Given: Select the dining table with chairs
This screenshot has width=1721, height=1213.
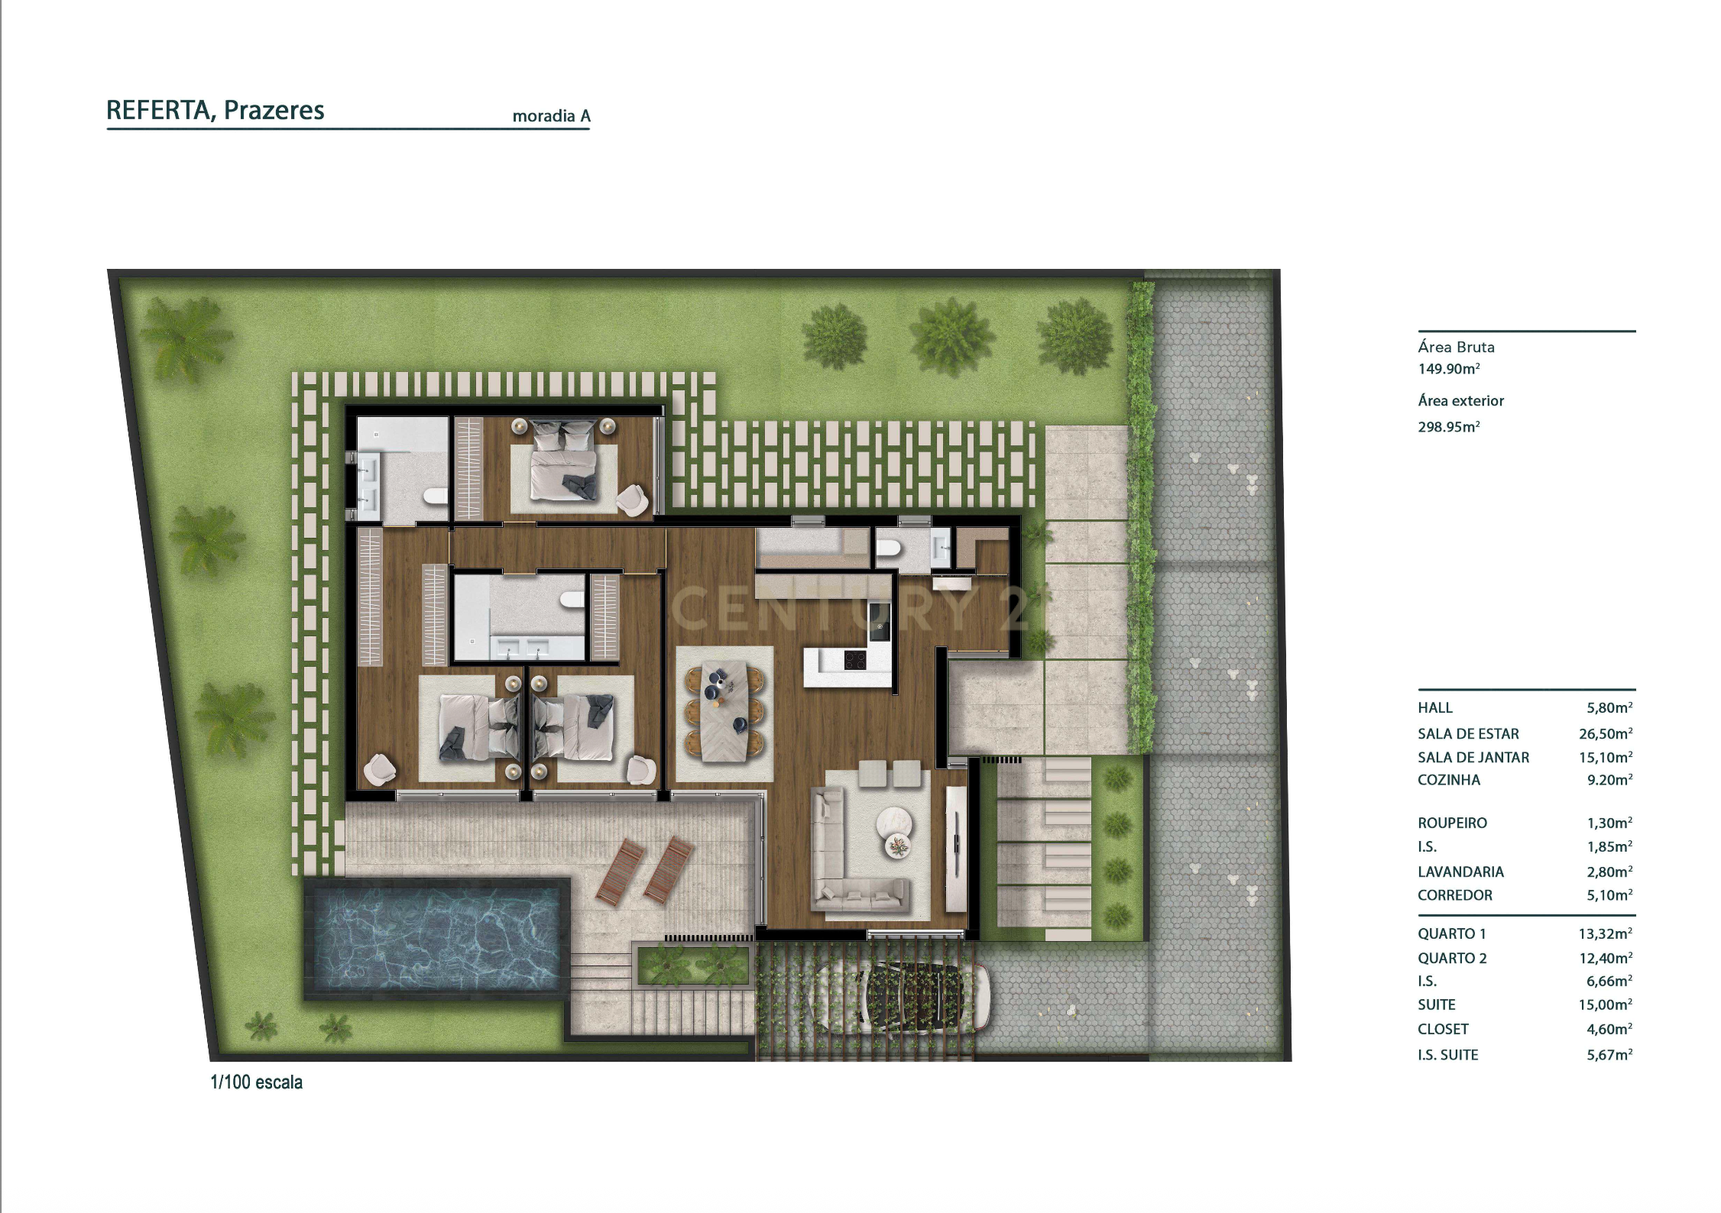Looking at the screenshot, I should coord(723,712).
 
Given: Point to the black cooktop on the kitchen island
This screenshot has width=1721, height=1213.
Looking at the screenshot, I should coord(855,658).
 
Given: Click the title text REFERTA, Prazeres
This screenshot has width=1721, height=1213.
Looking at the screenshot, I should coord(215,111).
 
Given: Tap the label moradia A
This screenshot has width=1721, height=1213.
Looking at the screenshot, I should coord(551,116).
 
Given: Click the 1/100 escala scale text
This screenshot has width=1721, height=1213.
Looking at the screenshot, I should coord(256,1082).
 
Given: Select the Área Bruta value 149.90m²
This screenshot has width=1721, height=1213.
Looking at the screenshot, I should coord(1448,369).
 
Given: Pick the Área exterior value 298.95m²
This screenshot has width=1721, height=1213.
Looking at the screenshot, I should coord(1448,427).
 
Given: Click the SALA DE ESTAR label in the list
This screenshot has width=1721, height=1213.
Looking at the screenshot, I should coord(1468,734).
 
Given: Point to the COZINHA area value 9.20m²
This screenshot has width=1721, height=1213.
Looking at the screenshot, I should coord(1609,780).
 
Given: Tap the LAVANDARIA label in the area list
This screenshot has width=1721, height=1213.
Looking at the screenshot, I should coord(1460,872).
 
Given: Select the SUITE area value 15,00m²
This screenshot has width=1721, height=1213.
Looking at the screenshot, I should coord(1606,1005).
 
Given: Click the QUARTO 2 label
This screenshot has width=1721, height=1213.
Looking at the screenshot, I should coord(1452,959).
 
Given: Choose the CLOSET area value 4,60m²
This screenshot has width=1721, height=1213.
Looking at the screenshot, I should coord(1609,1030).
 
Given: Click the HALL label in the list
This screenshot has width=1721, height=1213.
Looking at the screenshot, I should coord(1435,708).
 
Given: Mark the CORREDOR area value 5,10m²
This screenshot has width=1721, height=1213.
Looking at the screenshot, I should coord(1609,895).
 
